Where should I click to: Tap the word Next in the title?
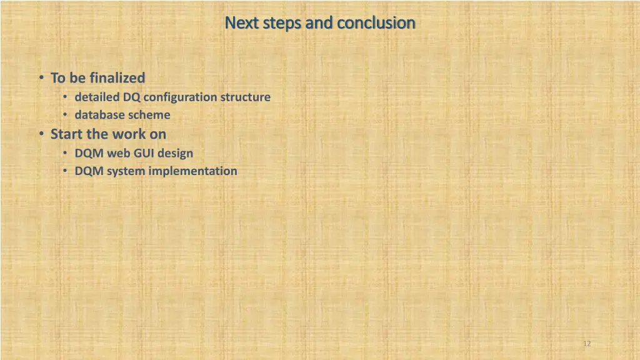click(237, 23)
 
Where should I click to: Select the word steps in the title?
click(282, 23)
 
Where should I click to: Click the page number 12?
click(586, 344)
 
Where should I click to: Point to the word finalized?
click(117, 78)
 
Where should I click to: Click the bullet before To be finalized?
click(40, 78)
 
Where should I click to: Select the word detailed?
click(97, 97)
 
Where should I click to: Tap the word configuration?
click(180, 97)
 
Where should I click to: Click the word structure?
click(245, 97)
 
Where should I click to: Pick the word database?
click(100, 115)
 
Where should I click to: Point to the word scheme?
click(149, 115)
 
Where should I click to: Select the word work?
click(128, 134)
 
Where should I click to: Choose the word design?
click(176, 153)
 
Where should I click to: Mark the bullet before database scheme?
click(66, 115)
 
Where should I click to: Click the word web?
click(119, 153)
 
